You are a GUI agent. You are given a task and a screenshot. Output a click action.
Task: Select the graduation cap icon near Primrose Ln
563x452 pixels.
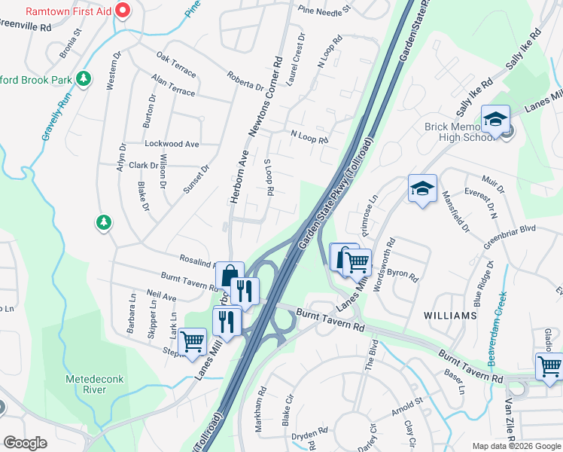point(422,189)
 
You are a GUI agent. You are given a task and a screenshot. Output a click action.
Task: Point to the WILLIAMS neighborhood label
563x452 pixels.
point(450,314)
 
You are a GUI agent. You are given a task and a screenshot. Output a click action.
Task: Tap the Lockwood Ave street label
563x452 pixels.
point(172,143)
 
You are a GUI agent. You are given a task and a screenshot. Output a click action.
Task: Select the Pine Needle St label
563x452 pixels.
point(324,11)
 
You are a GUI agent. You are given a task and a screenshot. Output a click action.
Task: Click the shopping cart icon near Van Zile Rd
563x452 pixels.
point(549,367)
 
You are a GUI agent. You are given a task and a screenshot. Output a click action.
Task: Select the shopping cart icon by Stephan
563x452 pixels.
point(193,341)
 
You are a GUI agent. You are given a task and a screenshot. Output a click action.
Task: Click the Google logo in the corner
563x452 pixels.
point(26,442)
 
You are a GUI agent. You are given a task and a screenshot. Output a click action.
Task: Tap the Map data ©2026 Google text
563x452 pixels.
point(516,445)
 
